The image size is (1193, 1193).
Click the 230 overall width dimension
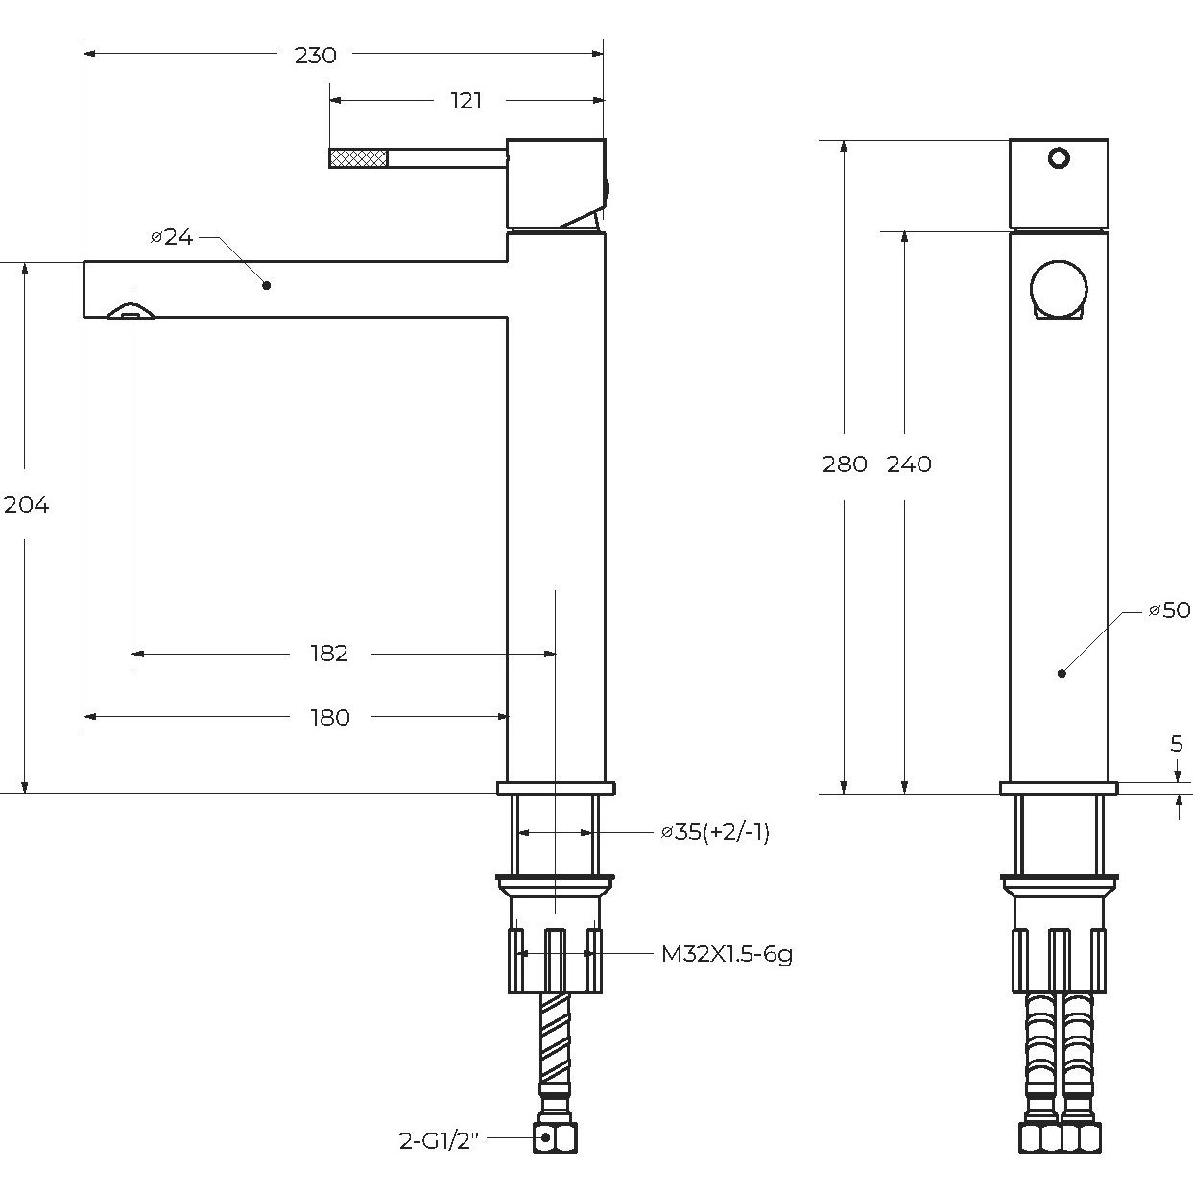click(316, 56)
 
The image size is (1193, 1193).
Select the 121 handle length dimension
click(466, 101)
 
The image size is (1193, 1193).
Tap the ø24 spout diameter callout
click(173, 237)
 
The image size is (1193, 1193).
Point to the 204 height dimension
click(27, 505)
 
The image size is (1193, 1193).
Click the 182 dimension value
click(329, 654)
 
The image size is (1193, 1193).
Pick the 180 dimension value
click(329, 717)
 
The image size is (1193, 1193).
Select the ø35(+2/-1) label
click(715, 832)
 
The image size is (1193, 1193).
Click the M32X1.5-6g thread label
click(727, 954)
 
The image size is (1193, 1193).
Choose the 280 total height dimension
click(845, 465)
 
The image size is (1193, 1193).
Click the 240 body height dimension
click(909, 465)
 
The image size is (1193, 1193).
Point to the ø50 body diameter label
click(1169, 610)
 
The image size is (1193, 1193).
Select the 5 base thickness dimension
click(1177, 744)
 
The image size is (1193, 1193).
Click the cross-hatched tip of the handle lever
click(358, 157)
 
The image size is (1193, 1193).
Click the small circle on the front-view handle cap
click(1059, 157)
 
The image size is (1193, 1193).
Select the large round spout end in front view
click(1059, 288)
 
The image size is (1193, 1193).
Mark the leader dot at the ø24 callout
click(267, 285)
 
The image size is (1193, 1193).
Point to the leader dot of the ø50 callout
click(1062, 673)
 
